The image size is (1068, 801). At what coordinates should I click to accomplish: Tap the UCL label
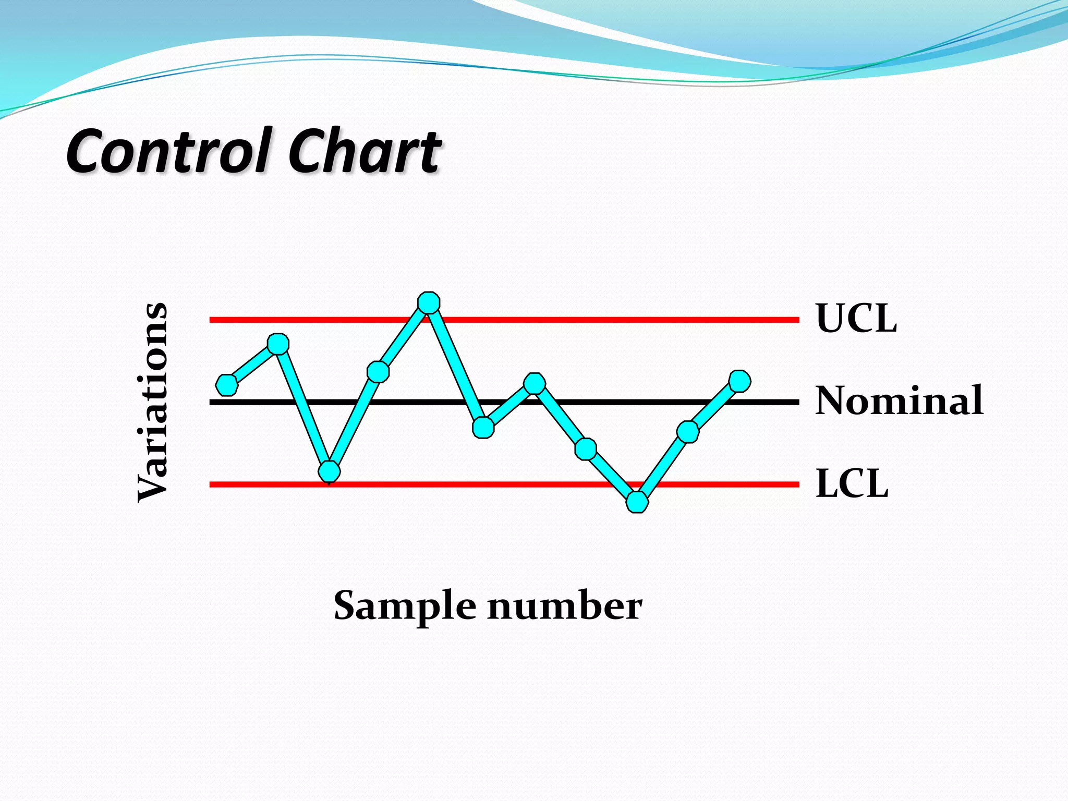click(x=856, y=318)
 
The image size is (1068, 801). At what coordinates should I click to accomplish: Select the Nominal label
click(x=899, y=400)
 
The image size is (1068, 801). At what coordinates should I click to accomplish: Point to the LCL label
click(x=852, y=483)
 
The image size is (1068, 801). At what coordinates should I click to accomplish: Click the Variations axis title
click(x=152, y=402)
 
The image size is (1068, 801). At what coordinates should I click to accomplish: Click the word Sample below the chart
click(x=405, y=606)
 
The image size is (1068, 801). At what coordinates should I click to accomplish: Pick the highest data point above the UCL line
click(x=429, y=302)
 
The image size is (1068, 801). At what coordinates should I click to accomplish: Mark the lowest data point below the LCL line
click(x=637, y=502)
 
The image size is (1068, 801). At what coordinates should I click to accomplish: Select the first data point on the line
click(x=227, y=385)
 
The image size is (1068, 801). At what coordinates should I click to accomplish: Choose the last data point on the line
click(x=739, y=381)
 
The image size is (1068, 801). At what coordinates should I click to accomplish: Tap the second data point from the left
click(x=278, y=344)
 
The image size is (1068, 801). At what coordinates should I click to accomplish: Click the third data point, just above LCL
click(x=329, y=471)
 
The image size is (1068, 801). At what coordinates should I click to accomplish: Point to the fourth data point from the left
click(x=378, y=372)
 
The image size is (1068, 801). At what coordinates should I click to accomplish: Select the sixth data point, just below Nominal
click(x=483, y=428)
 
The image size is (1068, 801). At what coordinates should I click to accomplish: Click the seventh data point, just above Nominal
click(x=535, y=384)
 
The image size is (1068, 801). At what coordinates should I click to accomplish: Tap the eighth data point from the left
click(x=586, y=449)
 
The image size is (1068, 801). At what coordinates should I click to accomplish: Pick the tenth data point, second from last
click(x=688, y=432)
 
